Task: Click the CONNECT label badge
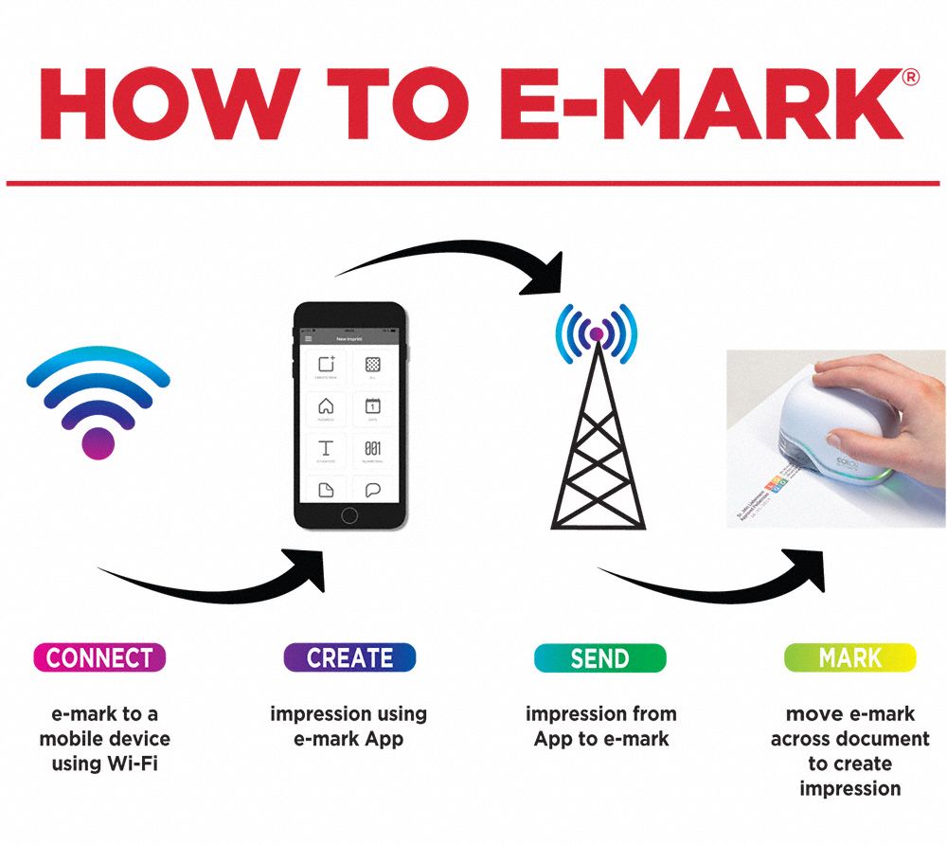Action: coord(99,657)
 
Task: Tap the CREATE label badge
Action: coord(349,657)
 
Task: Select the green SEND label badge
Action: coord(599,657)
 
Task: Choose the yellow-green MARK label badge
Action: coord(849,657)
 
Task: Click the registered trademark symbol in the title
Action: coord(911,79)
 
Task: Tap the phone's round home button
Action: coord(349,514)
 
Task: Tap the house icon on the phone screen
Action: coord(326,407)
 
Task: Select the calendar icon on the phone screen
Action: coord(372,407)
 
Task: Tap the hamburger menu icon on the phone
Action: coord(307,338)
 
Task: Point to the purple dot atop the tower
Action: coord(597,333)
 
